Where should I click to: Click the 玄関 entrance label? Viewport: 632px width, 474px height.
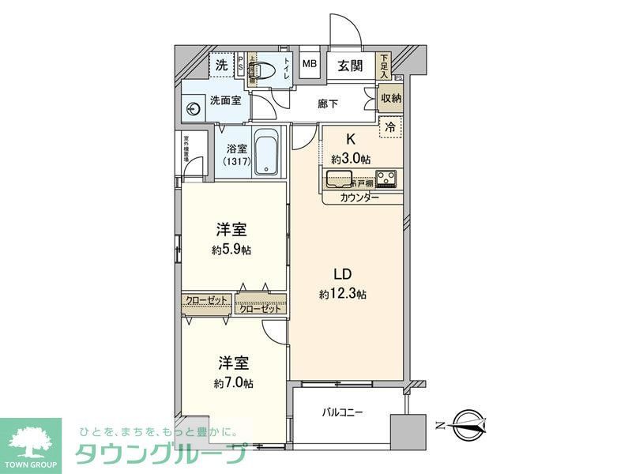(x=350, y=66)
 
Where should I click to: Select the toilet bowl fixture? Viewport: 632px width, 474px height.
(x=266, y=70)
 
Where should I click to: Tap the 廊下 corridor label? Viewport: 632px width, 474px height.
(x=328, y=103)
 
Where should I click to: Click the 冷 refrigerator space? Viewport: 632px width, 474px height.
(x=390, y=126)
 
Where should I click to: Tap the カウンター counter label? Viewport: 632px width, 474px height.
(x=360, y=197)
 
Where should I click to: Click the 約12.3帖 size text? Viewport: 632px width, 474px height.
(x=342, y=294)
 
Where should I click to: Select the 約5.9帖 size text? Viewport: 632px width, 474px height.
(x=232, y=250)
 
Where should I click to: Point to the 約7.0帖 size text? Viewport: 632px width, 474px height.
(x=233, y=382)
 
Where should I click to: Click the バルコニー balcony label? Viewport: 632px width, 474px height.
(x=341, y=412)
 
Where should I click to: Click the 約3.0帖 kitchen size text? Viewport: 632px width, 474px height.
(x=351, y=159)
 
